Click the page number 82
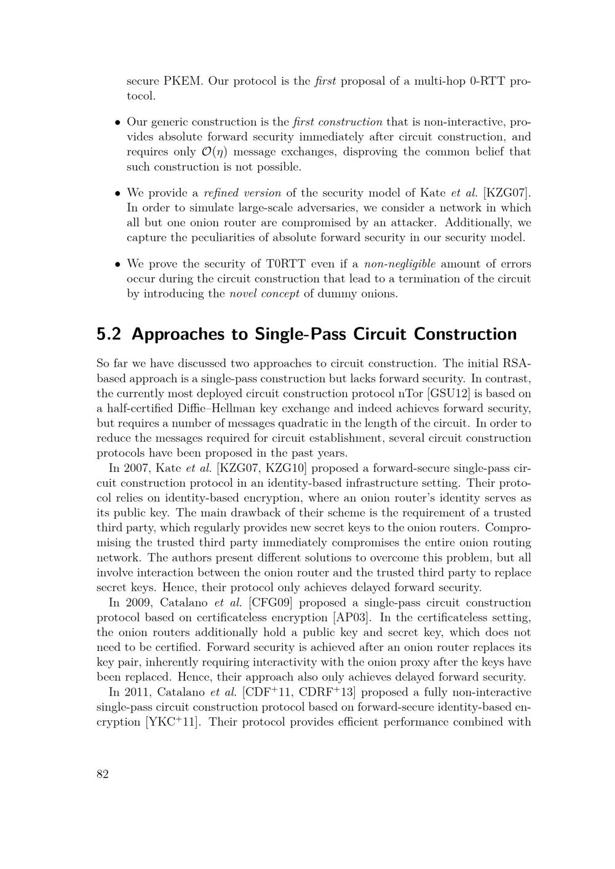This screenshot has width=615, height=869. coord(103,774)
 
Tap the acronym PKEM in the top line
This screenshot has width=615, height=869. coord(183,81)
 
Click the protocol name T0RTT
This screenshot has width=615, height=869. coord(285,264)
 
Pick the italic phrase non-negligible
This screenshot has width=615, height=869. coord(400,264)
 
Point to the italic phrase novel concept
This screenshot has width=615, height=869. coord(264,294)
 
